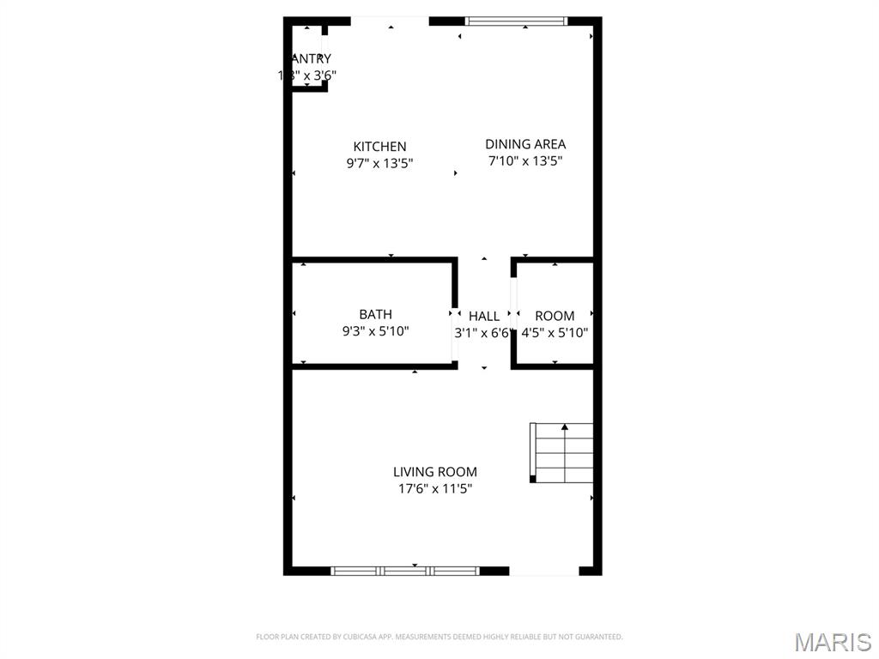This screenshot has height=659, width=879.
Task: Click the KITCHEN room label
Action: click(x=379, y=147)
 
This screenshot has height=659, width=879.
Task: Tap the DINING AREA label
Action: click(x=525, y=144)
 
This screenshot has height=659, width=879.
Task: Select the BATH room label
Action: click(x=375, y=315)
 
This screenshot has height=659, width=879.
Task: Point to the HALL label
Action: click(x=484, y=317)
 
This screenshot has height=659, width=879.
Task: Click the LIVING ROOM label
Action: click(x=434, y=472)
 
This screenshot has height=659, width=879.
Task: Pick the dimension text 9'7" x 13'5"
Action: click(x=379, y=163)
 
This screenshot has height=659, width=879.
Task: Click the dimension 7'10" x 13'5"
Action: click(x=525, y=160)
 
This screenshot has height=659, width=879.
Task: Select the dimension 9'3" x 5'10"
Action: click(x=375, y=331)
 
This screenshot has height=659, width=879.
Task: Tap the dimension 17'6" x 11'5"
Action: click(x=434, y=489)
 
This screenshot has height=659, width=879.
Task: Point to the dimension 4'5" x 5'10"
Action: click(x=555, y=333)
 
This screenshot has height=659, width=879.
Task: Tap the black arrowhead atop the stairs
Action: click(x=564, y=426)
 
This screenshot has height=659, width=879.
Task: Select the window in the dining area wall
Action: click(x=516, y=21)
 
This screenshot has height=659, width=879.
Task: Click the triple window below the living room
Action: click(x=405, y=570)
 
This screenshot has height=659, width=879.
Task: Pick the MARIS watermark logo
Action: click(x=833, y=642)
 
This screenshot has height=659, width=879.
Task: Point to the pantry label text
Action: click(x=310, y=58)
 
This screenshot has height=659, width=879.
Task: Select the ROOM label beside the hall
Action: click(x=555, y=316)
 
